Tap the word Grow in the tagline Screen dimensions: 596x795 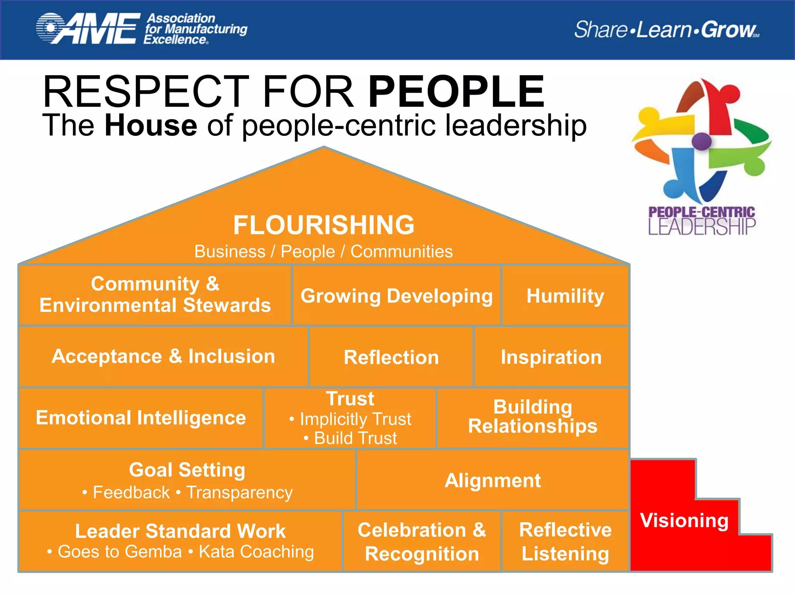click(728, 29)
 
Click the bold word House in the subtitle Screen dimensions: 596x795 click(151, 125)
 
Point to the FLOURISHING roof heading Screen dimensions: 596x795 click(324, 225)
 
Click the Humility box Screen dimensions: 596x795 click(565, 296)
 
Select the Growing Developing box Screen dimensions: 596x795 click(396, 296)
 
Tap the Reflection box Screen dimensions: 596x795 click(391, 357)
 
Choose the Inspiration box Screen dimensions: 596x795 click(551, 357)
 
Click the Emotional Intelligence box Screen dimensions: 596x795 click(141, 418)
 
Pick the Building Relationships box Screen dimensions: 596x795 click(533, 417)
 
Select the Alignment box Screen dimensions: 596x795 click(493, 480)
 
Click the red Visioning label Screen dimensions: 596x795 click(684, 520)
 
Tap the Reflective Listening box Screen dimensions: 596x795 click(565, 541)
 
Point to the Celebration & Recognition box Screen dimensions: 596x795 click(422, 541)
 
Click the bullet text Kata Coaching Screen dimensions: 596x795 click(256, 551)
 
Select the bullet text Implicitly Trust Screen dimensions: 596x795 click(355, 419)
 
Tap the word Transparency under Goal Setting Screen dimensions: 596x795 click(239, 492)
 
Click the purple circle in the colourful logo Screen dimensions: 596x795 click(701, 141)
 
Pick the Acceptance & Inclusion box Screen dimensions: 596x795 click(163, 356)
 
